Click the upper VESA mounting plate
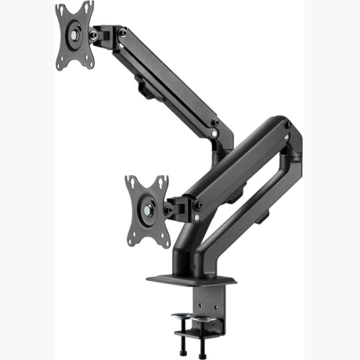[x=74, y=36]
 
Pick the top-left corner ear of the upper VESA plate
[x=60, y=9]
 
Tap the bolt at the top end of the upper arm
[x=122, y=32]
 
